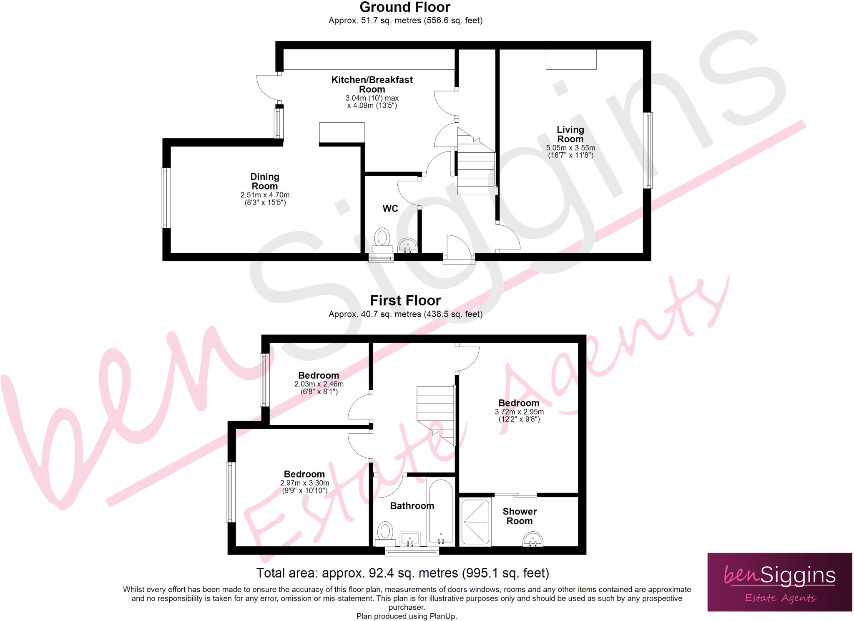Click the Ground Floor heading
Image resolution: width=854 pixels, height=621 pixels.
click(x=404, y=7)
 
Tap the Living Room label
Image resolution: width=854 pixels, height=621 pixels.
click(x=570, y=134)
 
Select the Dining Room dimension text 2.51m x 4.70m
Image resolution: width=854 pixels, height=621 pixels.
click(x=265, y=195)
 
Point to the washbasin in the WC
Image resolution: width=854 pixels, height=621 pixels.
click(x=407, y=245)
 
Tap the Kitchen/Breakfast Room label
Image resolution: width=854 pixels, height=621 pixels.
click(x=372, y=84)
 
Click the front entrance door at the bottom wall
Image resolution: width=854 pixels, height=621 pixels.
click(x=458, y=250)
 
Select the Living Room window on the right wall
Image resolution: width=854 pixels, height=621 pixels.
click(x=648, y=150)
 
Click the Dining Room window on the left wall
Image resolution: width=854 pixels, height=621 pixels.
click(x=166, y=198)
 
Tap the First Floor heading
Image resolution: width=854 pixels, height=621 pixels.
click(x=405, y=300)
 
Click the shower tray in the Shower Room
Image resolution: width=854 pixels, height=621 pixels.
click(x=475, y=522)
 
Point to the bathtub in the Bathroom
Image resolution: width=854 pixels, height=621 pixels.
click(x=441, y=512)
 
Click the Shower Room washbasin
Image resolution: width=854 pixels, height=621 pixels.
click(x=532, y=539)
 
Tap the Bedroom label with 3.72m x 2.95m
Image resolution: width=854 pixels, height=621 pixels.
click(x=519, y=403)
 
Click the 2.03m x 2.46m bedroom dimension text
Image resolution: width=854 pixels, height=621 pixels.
click(x=319, y=384)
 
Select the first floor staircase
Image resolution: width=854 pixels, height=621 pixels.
click(x=435, y=413)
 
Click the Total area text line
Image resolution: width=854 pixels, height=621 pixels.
click(x=402, y=573)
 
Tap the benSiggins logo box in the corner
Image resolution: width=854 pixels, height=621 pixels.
click(x=779, y=582)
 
